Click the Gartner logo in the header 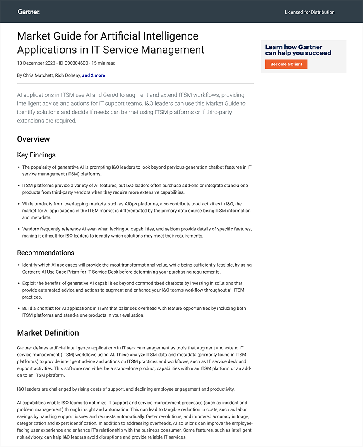[x=28, y=12]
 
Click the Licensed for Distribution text [x=309, y=12]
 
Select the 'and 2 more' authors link [x=94, y=75]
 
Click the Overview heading [x=33, y=139]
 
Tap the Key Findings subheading [x=36, y=155]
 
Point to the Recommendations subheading [x=46, y=253]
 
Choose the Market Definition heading [x=48, y=333]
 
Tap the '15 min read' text [x=104, y=63]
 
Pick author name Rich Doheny [x=68, y=75]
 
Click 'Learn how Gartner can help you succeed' [x=298, y=50]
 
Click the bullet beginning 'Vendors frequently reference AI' [x=137, y=232]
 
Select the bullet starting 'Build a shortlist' [x=134, y=311]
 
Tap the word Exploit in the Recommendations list [x=30, y=283]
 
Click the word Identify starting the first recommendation [x=31, y=265]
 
